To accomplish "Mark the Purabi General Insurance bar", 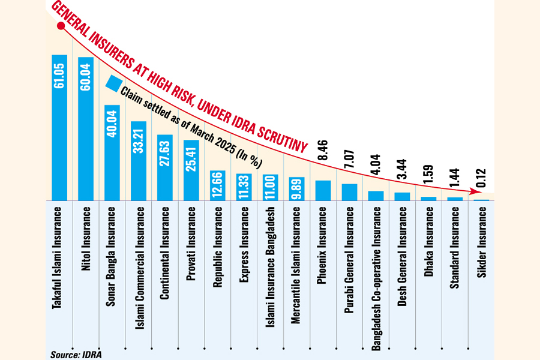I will point(349,191).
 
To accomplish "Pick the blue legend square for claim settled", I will point(114,84).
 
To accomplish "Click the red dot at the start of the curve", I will point(60,26).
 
